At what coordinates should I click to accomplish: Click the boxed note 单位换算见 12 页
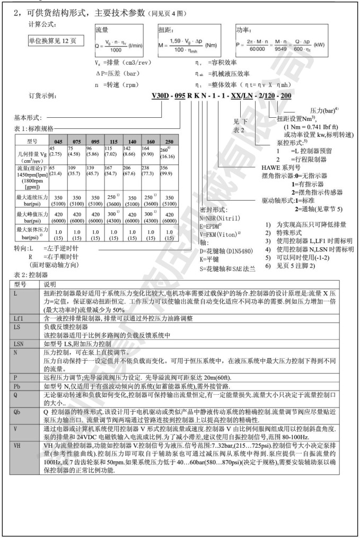click(52, 41)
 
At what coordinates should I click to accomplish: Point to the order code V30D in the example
click(163, 96)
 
